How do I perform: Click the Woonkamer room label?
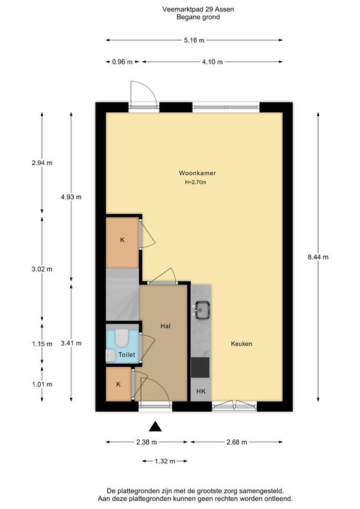(197, 173)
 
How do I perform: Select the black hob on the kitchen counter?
(200, 367)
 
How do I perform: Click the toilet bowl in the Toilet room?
(122, 337)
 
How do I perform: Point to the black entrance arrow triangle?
(155, 427)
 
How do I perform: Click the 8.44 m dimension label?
(318, 257)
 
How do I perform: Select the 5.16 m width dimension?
(194, 40)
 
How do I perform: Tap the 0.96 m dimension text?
(122, 62)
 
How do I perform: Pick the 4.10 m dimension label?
(212, 62)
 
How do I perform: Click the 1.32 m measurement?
(165, 461)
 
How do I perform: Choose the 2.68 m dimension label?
(236, 442)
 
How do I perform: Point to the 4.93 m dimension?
(71, 197)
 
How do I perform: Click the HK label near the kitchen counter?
(201, 391)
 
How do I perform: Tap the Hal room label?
(166, 326)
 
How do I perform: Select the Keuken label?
(242, 343)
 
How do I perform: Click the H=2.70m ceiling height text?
(196, 182)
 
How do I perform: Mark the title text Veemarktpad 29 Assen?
(198, 10)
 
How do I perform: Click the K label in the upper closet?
(122, 240)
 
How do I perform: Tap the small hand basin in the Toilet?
(110, 355)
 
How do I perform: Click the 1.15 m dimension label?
(42, 344)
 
